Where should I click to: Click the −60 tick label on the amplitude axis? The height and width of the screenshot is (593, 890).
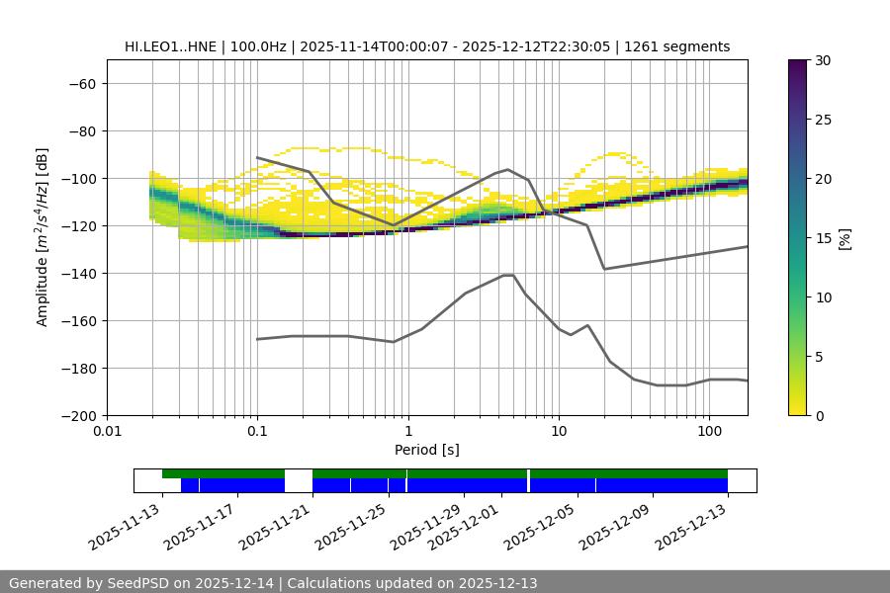pyautogui.click(x=81, y=83)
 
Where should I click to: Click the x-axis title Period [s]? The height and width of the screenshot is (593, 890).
pyautogui.click(x=427, y=450)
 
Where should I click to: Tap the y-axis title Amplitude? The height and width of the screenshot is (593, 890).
pyautogui.click(x=43, y=237)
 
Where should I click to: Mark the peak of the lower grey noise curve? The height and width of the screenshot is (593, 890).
pyautogui.click(x=508, y=275)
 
